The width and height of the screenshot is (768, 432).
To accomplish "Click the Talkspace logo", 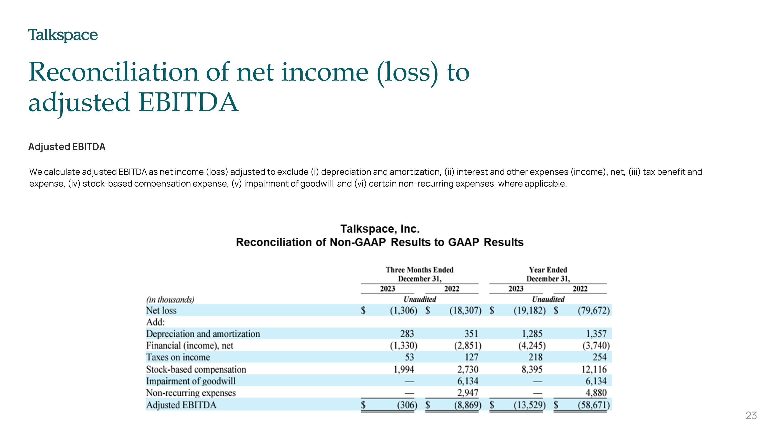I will coord(63,36).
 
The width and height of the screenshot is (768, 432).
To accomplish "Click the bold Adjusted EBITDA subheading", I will coord(67,147).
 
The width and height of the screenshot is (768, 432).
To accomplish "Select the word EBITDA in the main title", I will coord(188,102).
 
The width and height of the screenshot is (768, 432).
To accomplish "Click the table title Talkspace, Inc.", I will coord(380,229).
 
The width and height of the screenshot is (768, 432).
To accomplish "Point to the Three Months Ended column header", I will coord(420,270).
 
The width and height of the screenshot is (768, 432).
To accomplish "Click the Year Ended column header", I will coord(548,270).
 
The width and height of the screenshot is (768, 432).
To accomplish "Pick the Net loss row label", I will coord(161,310).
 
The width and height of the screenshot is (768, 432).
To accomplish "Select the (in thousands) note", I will coord(170,299).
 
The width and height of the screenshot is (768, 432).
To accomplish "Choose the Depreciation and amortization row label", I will coord(203,334).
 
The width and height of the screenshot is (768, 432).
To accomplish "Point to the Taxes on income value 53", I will coord(409,357).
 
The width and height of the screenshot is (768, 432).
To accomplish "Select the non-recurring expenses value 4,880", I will coord(596,393).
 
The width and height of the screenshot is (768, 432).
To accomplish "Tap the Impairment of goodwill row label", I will coord(190,381).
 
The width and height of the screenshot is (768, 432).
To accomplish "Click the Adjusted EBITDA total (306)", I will coord(407,405).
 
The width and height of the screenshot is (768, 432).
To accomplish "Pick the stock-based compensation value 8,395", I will coord(532,370).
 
